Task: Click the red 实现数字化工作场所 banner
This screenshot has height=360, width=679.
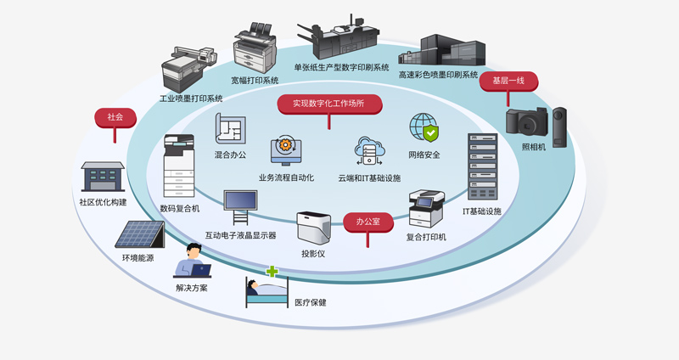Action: point(329,104)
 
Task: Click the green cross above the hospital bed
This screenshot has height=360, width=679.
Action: point(272,273)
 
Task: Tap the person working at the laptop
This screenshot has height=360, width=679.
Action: point(193,261)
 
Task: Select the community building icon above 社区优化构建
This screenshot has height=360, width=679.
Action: point(103,177)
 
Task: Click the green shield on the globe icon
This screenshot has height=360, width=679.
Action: point(431,133)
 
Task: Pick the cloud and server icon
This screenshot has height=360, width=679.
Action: point(370,154)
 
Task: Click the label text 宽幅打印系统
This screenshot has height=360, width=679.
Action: point(255,81)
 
